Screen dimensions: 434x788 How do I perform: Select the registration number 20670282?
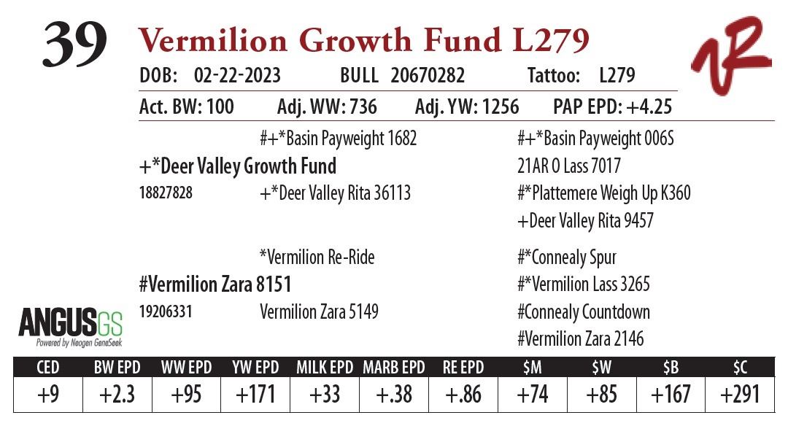pyautogui.click(x=428, y=75)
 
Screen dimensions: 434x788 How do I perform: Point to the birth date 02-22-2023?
pyautogui.click(x=237, y=75)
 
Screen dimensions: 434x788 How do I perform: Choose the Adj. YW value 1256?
pyautogui.click(x=498, y=107)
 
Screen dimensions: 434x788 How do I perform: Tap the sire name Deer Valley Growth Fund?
pyautogui.click(x=237, y=166)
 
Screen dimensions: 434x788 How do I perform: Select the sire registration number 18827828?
pyautogui.click(x=166, y=194)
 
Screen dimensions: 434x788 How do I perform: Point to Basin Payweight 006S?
pyautogui.click(x=595, y=138)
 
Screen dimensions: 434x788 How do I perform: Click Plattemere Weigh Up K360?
pyautogui.click(x=603, y=193)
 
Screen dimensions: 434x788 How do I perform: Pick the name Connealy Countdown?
pyautogui.click(x=583, y=312)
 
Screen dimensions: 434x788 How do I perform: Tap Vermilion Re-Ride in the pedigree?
pyautogui.click(x=317, y=257)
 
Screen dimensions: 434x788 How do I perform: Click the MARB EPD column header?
pyautogui.click(x=394, y=366)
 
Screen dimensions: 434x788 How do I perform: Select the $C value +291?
pyautogui.click(x=739, y=395)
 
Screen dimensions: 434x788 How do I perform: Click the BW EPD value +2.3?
pyautogui.click(x=117, y=395)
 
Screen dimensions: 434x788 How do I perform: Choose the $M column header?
pyautogui.click(x=532, y=366)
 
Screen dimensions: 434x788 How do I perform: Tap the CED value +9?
pyautogui.click(x=47, y=395)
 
